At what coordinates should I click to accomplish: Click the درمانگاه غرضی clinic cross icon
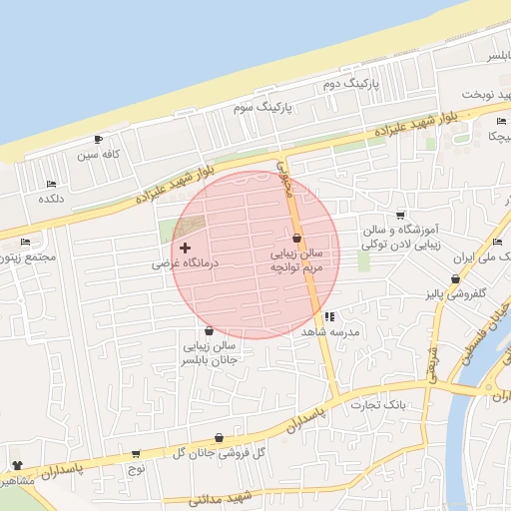[x=185, y=247]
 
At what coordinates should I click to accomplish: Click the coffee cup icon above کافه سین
[x=98, y=139]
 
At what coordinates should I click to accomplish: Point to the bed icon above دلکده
[x=51, y=184]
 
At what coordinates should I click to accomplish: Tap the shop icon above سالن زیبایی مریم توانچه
[x=296, y=238]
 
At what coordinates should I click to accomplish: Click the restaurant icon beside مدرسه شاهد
[x=330, y=317]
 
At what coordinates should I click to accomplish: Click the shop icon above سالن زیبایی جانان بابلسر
[x=208, y=331]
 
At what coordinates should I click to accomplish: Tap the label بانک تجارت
[x=380, y=404]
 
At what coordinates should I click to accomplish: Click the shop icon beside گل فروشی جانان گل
[x=219, y=437]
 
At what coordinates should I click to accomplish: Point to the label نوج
[x=137, y=467]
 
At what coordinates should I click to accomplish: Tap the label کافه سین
[x=101, y=155]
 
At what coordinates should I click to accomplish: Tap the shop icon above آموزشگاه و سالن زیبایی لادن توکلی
[x=400, y=215]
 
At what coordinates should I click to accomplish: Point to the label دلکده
[x=52, y=199]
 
